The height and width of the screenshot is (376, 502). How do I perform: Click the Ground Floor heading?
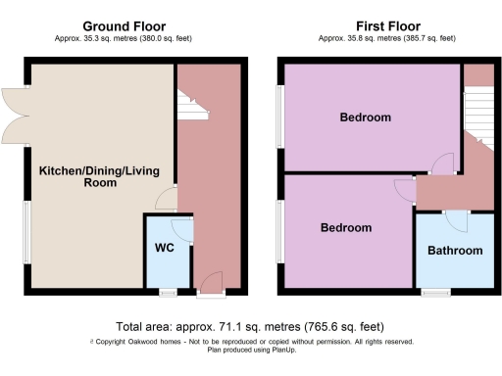click(x=124, y=25)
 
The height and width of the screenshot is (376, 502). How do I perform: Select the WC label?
click(x=163, y=248)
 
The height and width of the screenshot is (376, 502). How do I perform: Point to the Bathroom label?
click(x=455, y=251)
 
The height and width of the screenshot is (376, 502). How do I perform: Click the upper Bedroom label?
click(x=365, y=117)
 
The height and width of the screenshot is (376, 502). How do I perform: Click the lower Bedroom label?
click(x=346, y=227)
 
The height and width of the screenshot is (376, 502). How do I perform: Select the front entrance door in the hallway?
click(x=207, y=286)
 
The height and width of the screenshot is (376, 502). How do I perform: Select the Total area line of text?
click(x=250, y=326)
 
